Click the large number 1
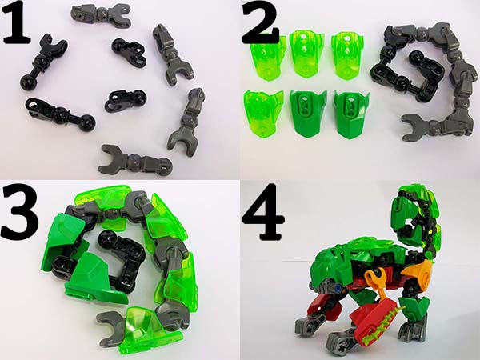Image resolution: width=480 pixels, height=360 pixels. (16, 23)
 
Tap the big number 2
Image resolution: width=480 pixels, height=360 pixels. (260, 23)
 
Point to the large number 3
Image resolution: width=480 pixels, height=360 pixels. (19, 212)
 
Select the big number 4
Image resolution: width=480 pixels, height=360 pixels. (263, 212)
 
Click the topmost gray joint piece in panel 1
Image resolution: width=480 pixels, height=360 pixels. (101, 15)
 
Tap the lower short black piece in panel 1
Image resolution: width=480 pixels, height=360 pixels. (125, 100)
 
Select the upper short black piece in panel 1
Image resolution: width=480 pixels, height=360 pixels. (128, 51)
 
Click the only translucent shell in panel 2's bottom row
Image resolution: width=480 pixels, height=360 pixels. (262, 113)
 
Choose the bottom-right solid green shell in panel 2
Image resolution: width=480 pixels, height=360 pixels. (351, 114)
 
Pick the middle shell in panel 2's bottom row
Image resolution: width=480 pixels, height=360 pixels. (308, 114)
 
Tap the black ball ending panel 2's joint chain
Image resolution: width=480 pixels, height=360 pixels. (414, 57)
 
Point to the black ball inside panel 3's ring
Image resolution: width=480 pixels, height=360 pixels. (106, 238)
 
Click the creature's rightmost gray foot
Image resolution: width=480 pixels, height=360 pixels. (414, 330)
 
